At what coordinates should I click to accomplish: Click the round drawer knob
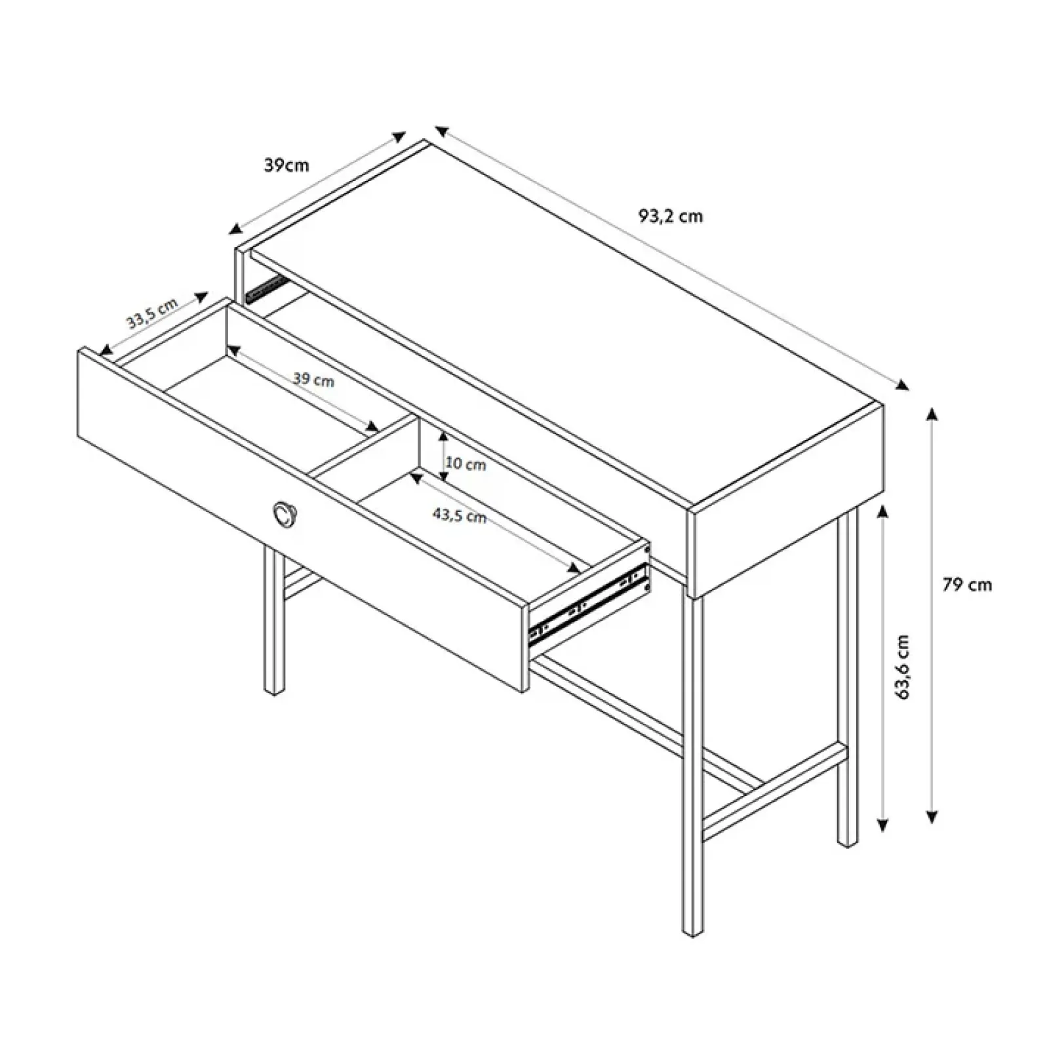point(285,513)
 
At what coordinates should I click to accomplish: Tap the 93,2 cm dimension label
point(671,216)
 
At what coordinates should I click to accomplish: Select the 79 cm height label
point(967,585)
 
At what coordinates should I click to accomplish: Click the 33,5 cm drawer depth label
point(152,313)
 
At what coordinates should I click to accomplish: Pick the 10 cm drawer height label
point(465,464)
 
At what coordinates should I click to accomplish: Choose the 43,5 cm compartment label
point(459,515)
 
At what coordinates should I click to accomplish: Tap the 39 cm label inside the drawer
point(313,380)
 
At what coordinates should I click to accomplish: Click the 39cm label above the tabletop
point(286,165)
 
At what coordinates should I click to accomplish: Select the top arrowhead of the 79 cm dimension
point(932,414)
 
